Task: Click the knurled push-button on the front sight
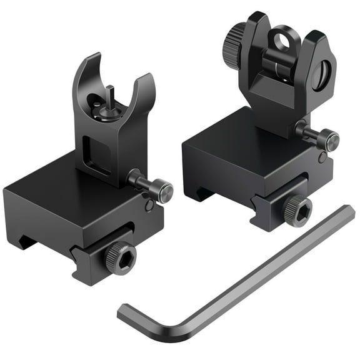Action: click(161, 189)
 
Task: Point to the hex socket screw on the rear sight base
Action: click(297, 211)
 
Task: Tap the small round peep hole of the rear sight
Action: click(279, 41)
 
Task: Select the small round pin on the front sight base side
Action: click(148, 206)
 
